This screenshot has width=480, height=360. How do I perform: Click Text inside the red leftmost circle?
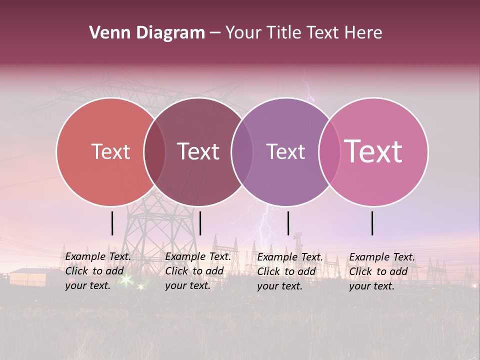[x=110, y=152]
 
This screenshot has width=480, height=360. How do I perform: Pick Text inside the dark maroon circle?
[x=198, y=152]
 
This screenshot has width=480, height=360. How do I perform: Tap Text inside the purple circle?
[x=285, y=152]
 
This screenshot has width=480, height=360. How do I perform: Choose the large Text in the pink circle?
[x=373, y=152]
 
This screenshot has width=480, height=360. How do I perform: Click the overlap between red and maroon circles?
[x=154, y=152]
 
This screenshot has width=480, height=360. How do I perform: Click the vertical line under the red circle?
[x=112, y=223]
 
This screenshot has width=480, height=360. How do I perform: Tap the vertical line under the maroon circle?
[x=200, y=223]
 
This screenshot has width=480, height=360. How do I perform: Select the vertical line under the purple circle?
[x=288, y=223]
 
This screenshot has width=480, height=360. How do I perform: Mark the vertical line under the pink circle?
[x=372, y=223]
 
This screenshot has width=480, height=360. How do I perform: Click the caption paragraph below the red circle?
[x=97, y=271]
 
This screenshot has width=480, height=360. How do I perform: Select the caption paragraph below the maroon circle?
[x=197, y=271]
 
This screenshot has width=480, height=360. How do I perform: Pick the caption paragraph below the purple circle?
[x=289, y=271]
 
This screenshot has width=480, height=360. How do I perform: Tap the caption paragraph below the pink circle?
[x=381, y=271]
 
